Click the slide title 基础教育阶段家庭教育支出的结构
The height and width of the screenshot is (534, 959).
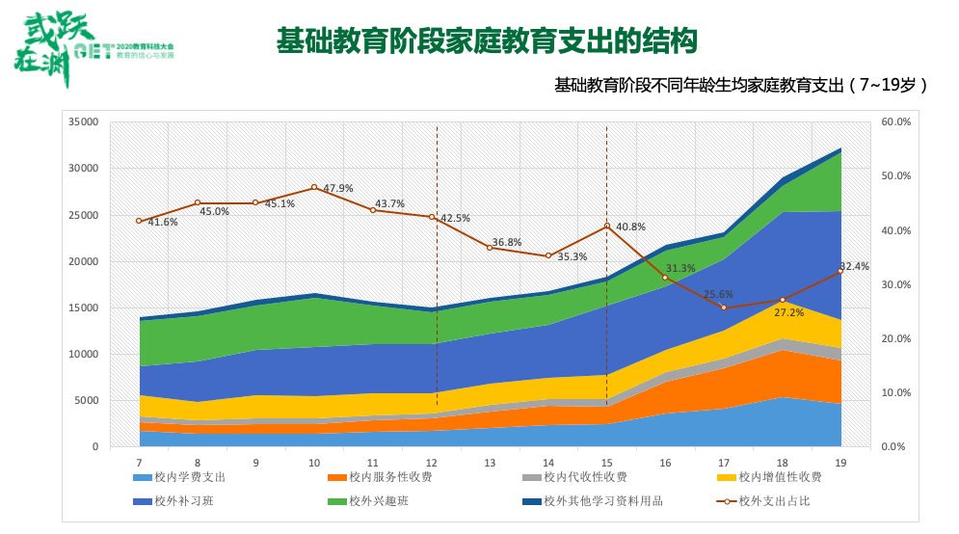487,40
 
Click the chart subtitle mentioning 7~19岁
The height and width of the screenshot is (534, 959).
740,85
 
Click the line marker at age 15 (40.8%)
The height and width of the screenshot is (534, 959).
607,227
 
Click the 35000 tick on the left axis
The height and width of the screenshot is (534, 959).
84,122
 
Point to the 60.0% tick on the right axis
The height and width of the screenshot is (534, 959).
895,122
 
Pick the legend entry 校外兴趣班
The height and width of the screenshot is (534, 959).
375,501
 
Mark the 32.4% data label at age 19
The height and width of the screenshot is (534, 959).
854,266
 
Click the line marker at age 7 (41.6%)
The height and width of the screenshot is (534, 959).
139,221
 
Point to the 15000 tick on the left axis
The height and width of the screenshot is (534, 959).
84,307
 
